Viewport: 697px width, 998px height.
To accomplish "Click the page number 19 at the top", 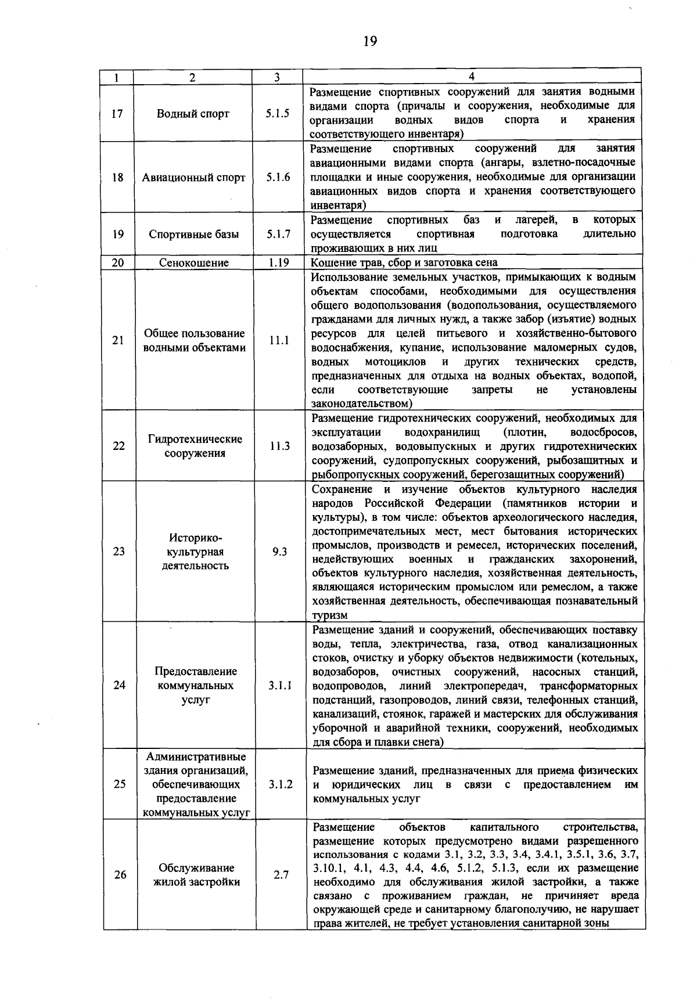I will click(x=370, y=41).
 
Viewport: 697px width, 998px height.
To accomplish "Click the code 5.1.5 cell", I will click(x=278, y=114).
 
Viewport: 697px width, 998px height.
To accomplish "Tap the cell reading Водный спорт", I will click(x=193, y=114).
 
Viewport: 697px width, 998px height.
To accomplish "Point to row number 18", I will click(x=118, y=178).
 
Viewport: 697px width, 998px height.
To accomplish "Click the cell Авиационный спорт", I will click(x=193, y=178).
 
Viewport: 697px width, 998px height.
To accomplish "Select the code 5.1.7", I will click(x=278, y=235).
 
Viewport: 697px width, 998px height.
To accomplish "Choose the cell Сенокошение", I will click(x=193, y=263).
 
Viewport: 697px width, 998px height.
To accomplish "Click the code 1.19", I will click(x=279, y=262).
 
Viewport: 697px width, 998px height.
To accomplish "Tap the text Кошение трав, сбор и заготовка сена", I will click(x=404, y=263).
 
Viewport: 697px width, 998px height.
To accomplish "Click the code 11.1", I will click(x=279, y=341).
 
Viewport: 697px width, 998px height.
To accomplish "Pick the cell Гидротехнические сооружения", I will click(x=195, y=446).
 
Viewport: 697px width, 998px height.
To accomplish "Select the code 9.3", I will click(x=280, y=552).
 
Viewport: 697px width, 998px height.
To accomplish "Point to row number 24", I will click(x=119, y=685).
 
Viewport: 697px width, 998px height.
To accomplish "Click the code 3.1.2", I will click(x=281, y=784).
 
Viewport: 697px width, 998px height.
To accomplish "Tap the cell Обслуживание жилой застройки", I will click(x=196, y=875).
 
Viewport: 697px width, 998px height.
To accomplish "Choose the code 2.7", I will click(x=281, y=875).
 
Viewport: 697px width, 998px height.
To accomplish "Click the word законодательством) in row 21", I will click(x=362, y=403).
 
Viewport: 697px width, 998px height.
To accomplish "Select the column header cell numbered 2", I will click(x=192, y=77).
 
